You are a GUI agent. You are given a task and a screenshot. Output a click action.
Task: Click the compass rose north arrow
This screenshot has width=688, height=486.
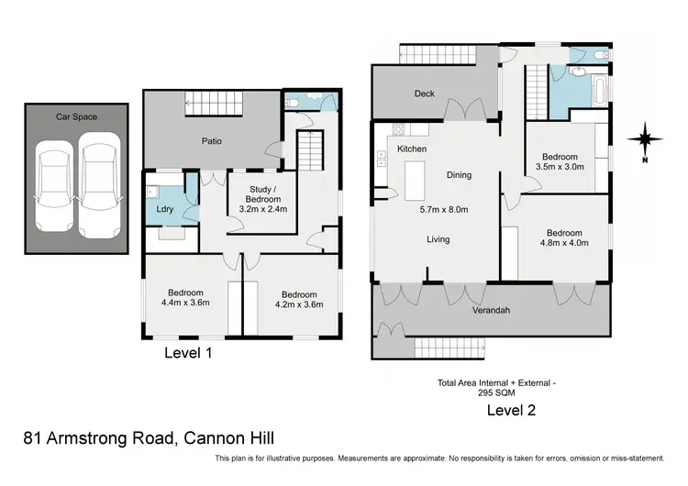(645, 140)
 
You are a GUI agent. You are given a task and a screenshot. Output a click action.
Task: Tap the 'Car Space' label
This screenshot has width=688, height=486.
(76, 116)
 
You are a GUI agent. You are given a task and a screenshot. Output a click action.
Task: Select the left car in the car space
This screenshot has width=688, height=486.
(54, 185)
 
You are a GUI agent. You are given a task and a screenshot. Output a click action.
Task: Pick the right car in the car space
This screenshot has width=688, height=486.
(99, 185)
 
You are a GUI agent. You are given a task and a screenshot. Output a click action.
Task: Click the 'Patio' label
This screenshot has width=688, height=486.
(212, 141)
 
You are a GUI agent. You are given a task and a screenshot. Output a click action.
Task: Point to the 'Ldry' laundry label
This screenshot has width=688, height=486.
(165, 209)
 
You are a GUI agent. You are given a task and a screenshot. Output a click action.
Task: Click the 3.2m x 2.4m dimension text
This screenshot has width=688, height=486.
(263, 209)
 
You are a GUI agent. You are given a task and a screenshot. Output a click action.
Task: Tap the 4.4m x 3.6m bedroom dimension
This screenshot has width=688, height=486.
(185, 303)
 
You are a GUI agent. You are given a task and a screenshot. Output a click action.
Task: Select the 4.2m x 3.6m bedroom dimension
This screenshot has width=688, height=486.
(299, 304)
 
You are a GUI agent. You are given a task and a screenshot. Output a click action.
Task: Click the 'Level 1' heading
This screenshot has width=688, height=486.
(188, 353)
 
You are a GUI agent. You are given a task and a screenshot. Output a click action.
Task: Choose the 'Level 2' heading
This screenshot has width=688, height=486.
(511, 410)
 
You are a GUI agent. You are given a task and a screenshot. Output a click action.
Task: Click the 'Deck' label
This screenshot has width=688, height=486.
(425, 94)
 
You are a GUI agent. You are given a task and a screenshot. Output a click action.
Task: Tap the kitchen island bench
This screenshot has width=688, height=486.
(415, 181)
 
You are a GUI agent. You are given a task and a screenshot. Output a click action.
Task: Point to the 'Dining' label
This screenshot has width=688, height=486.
(459, 175)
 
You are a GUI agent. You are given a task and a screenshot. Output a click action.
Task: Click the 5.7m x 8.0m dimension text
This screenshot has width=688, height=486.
(444, 210)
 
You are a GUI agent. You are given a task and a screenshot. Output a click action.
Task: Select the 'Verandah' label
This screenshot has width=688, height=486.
(491, 311)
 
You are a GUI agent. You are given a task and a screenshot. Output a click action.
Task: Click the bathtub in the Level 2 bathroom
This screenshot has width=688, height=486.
(599, 91)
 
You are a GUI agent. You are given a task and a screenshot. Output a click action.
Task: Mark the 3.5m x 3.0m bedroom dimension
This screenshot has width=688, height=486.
(560, 167)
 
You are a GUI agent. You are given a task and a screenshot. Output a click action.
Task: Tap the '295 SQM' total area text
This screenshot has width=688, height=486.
(496, 393)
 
